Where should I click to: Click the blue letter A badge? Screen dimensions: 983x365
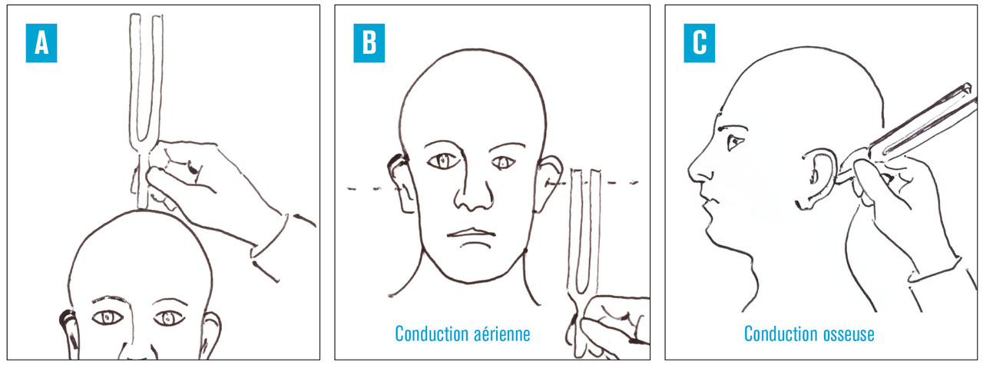[41, 43]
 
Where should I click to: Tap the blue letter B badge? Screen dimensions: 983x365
[369, 43]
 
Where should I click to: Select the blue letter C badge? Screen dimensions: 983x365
[699, 43]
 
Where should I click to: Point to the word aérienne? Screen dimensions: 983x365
[496, 333]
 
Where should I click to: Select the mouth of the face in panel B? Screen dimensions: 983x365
[472, 233]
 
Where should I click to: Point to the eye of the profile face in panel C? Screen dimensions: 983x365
[736, 142]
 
